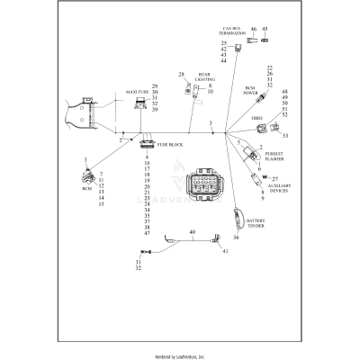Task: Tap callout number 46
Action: [253, 29]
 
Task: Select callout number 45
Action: [265, 29]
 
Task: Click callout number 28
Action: [181, 75]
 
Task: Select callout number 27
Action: [275, 179]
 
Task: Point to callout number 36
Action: [236, 238]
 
